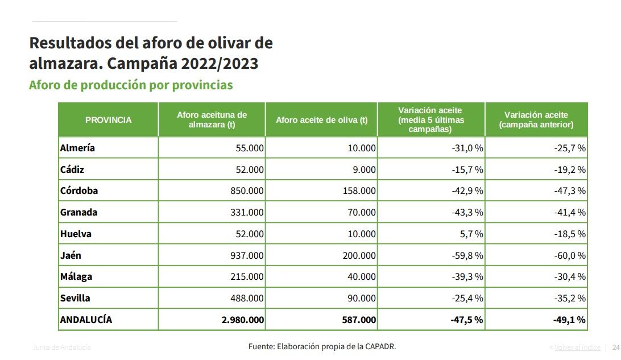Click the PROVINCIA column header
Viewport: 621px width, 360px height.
click(x=108, y=120)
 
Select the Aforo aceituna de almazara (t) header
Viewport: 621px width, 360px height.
click(x=212, y=120)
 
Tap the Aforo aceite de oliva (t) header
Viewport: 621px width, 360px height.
click(x=321, y=120)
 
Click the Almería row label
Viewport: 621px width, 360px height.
click(x=77, y=148)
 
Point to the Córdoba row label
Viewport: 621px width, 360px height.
click(x=79, y=191)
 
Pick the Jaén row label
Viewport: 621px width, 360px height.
click(x=71, y=255)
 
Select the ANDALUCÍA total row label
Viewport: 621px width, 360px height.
click(x=86, y=320)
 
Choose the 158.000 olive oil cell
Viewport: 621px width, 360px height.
click(x=359, y=191)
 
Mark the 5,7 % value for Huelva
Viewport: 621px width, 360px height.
click(x=471, y=234)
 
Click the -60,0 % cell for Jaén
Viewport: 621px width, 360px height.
click(x=570, y=255)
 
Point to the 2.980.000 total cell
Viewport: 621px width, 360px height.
click(x=243, y=320)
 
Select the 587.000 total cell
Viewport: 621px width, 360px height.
click(x=359, y=320)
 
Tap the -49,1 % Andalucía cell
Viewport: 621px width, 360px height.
click(x=569, y=320)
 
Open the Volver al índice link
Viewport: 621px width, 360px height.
click(x=577, y=347)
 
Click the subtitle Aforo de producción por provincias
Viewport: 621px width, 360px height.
click(x=131, y=85)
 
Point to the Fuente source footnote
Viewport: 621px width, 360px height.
click(x=322, y=346)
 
